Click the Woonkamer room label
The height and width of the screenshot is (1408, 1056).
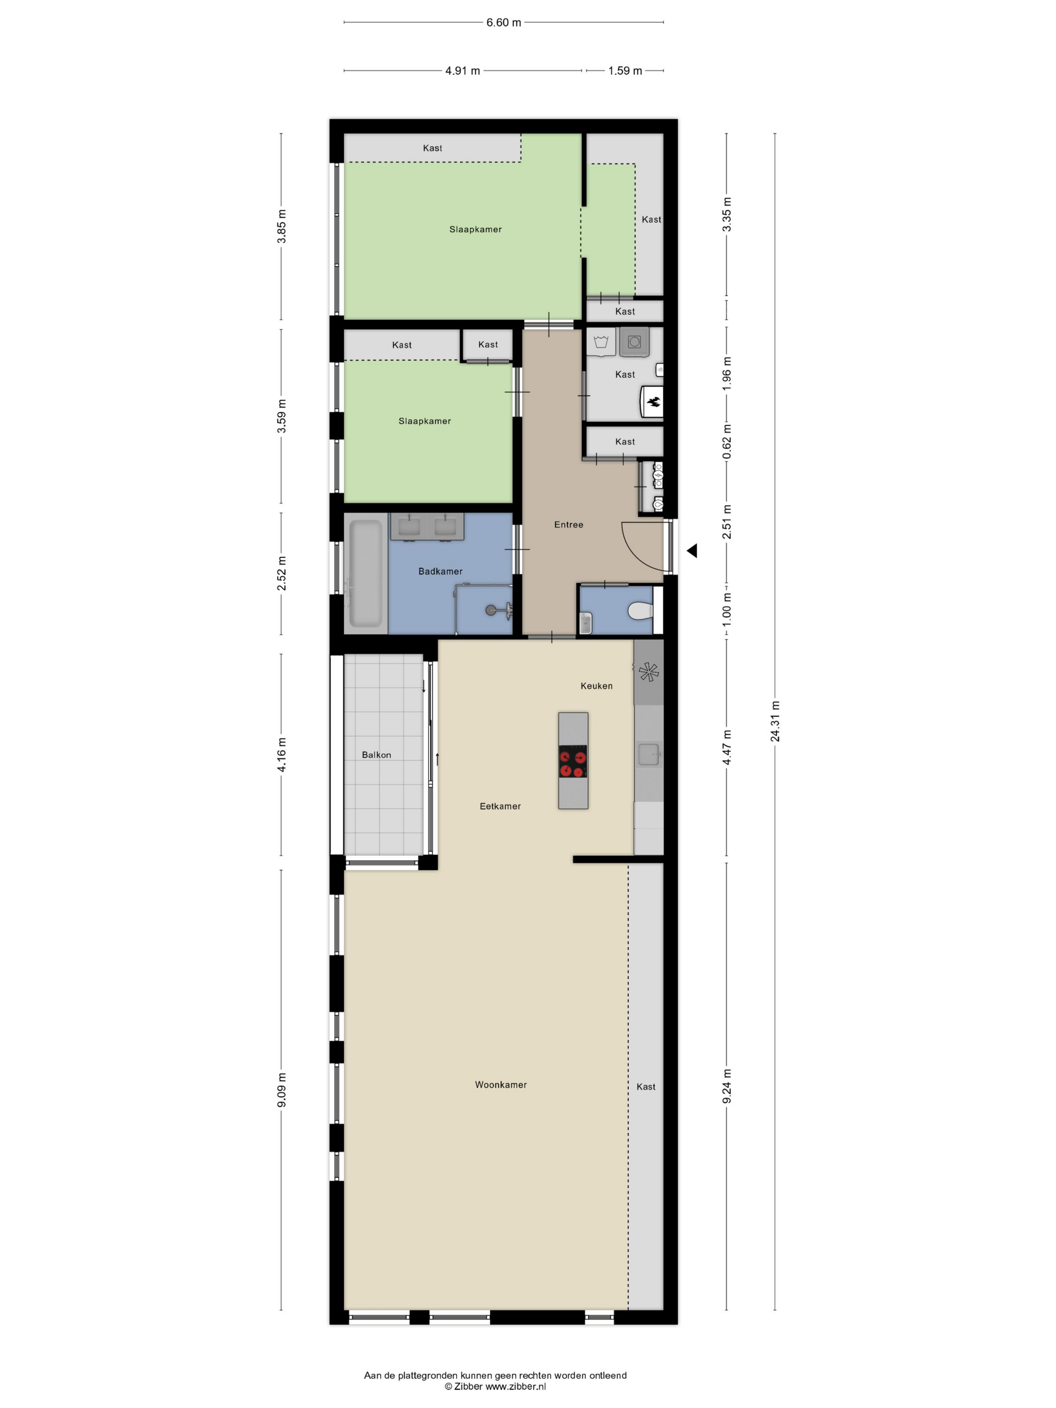[x=500, y=1085]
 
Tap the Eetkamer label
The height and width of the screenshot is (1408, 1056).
[x=500, y=806]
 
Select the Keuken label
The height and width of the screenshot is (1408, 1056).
[x=596, y=685]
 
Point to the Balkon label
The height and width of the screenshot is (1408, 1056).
[x=376, y=754]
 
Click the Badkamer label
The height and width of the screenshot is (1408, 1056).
[x=440, y=571]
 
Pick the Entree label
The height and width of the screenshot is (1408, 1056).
[x=568, y=524]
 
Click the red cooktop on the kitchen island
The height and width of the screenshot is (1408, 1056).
[x=573, y=762]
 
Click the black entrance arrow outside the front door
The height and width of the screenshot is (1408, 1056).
[x=692, y=551]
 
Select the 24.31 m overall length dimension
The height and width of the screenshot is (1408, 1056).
[x=775, y=721]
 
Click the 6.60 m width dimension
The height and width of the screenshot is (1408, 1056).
[x=503, y=22]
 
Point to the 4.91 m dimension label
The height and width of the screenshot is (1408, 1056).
[x=462, y=71]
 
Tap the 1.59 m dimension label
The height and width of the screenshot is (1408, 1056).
[x=625, y=71]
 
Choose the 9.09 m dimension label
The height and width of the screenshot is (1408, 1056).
[x=281, y=1090]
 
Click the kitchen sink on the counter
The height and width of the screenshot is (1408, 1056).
[x=648, y=754]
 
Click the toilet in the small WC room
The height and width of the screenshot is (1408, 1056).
[x=640, y=611]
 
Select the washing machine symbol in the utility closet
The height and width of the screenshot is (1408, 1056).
[x=634, y=342]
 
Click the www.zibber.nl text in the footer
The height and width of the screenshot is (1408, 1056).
[x=515, y=1386]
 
